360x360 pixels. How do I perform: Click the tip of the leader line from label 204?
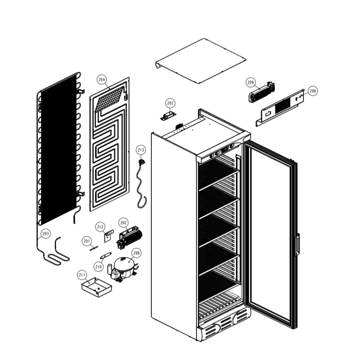tap(110, 89)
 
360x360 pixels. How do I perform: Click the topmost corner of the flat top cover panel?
tap(204, 39)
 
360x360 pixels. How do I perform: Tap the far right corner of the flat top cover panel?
tap(246, 60)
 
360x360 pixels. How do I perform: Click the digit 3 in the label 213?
tap(143, 150)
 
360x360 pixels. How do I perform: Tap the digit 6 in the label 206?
tap(315, 91)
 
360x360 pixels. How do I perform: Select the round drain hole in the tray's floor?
tap(99, 289)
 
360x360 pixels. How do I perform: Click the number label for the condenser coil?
tap(46, 234)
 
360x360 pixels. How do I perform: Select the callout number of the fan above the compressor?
tap(123, 223)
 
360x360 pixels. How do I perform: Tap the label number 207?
tap(171, 103)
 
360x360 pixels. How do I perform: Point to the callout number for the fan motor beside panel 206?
tap(250, 82)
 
